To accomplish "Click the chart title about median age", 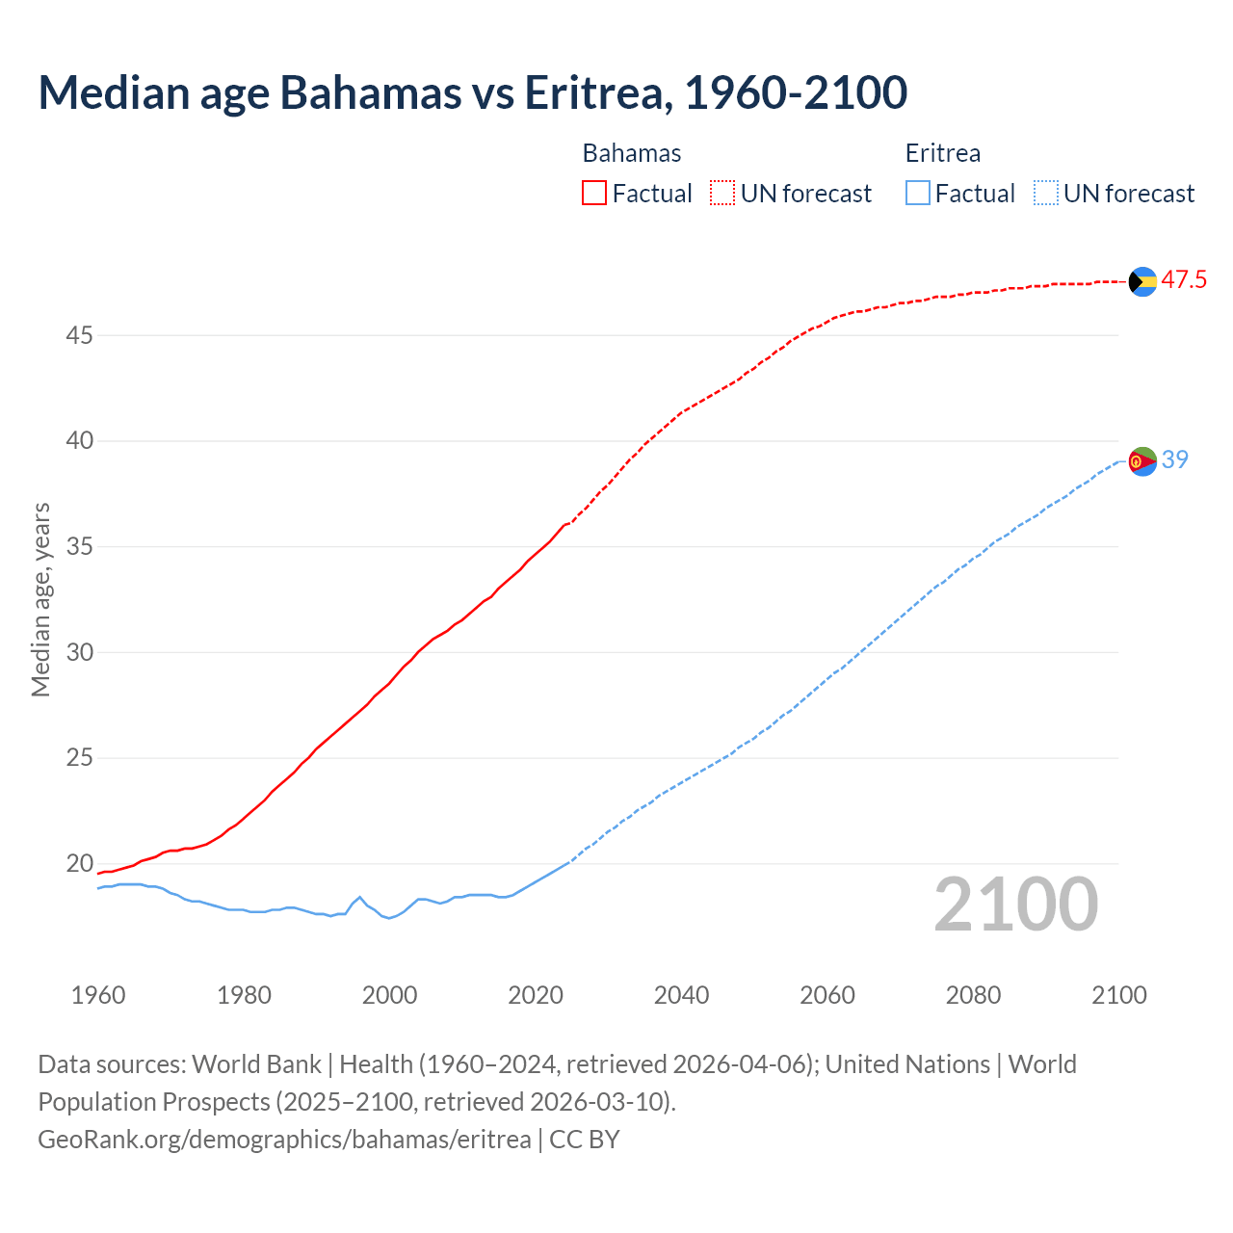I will point(472,92).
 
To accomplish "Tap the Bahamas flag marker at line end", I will point(1142,281).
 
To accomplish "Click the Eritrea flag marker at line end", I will point(1142,461).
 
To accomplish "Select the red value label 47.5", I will point(1184,280).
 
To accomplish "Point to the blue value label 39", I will point(1175,460).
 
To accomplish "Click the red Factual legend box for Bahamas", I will point(594,194).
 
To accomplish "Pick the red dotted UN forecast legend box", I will point(722,194).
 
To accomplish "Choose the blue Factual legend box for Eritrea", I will point(918,194).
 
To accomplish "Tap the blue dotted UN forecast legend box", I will point(1045,194).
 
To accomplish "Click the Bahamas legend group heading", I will point(632,153).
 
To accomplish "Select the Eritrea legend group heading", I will point(943,153).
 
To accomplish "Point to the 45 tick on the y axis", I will point(79,335).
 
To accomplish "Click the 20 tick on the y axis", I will point(79,863).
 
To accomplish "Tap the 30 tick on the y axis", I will point(79,652).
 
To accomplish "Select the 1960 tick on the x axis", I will point(98,995).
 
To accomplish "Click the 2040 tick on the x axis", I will point(681,995).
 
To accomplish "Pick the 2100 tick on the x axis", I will point(1119,995).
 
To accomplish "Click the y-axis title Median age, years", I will point(40,599).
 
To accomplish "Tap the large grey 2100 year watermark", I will point(1016,905).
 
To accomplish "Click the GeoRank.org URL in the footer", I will point(284,1140).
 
